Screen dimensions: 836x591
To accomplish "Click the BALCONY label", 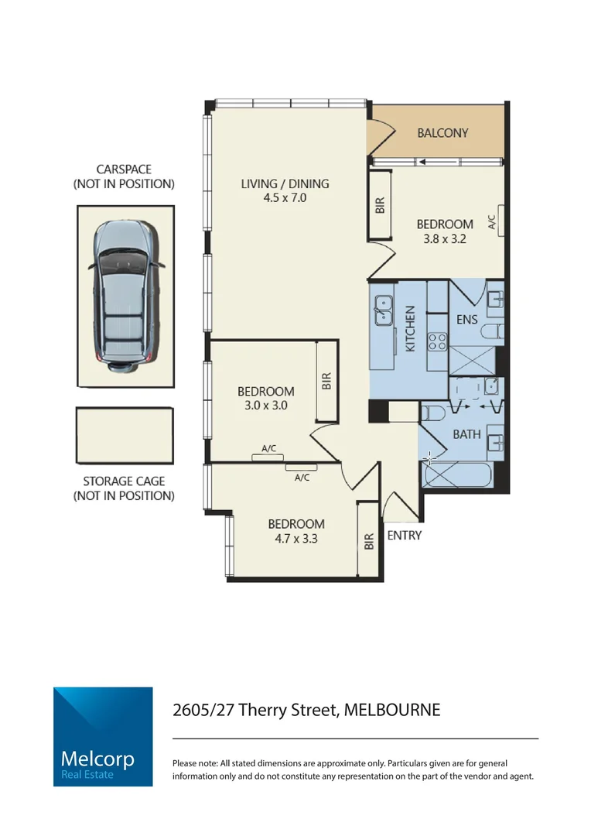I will (442, 132).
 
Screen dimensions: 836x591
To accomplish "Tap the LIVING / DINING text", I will (285, 183).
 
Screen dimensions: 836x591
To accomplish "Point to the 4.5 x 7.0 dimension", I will (285, 198).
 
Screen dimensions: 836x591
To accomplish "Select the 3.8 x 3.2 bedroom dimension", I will (445, 239).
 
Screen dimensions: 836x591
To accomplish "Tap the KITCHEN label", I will (411, 328).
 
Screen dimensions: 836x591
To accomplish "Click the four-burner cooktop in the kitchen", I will (437, 341).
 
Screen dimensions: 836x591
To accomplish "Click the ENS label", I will (466, 318).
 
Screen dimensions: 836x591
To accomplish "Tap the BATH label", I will (466, 434).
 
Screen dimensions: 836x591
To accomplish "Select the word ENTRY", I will (404, 536).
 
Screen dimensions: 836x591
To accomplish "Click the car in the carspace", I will (125, 293).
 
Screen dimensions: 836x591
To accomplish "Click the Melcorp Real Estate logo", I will (103, 736).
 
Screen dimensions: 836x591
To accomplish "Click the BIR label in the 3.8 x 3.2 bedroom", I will (379, 204).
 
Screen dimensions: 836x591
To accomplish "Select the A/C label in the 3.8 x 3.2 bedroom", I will (491, 223).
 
